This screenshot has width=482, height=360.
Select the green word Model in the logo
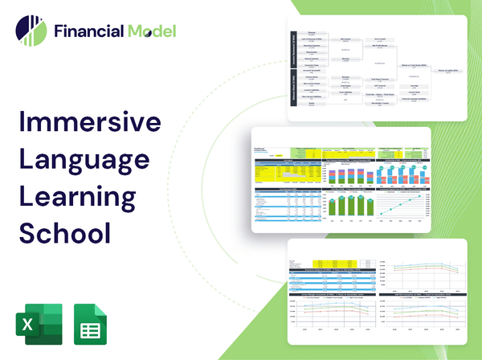point(152,31)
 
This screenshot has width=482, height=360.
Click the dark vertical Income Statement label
point(292,50)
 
